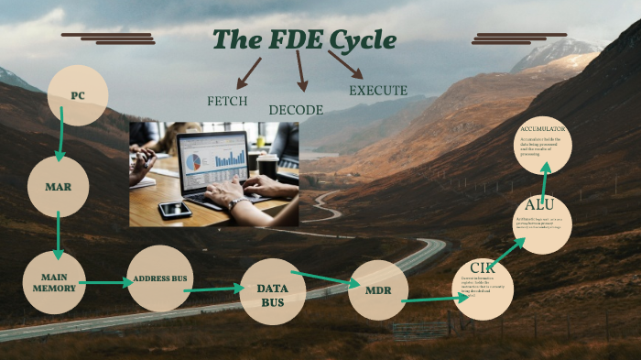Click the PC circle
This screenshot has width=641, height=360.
(78, 95)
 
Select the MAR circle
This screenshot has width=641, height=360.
(58, 186)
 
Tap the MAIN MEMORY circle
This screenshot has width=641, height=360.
(54, 282)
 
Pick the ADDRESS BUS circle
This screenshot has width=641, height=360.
(159, 278)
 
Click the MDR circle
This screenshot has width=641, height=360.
(378, 289)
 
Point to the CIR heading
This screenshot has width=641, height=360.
(482, 267)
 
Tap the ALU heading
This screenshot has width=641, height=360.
(539, 204)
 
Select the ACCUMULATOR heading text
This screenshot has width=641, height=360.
(544, 129)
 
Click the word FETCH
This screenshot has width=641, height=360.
(227, 101)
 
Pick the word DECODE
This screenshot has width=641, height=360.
(296, 110)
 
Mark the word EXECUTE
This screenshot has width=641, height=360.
(377, 91)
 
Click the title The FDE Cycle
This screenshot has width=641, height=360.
(304, 40)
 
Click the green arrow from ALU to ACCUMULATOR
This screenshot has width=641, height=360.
(544, 176)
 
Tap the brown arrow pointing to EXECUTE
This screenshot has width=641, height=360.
(345, 65)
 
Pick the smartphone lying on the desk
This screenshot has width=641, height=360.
(174, 209)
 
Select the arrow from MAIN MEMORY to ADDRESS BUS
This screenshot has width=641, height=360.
(106, 283)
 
